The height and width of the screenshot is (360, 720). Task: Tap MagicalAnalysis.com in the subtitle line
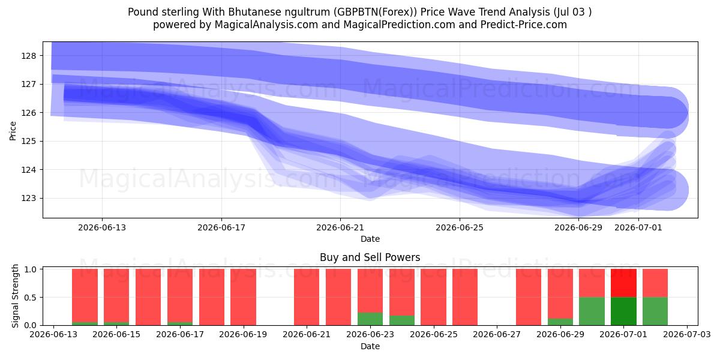click(x=266, y=25)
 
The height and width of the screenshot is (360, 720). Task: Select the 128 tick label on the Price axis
click(x=29, y=56)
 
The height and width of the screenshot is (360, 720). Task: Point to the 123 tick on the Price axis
click(x=29, y=199)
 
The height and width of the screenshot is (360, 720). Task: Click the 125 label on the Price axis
click(x=29, y=142)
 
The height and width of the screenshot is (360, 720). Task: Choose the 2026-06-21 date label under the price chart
click(x=340, y=227)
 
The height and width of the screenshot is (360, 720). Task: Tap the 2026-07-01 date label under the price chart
click(x=638, y=227)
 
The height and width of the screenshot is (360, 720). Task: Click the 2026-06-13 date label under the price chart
click(x=102, y=227)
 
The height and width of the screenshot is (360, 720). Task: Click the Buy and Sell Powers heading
click(x=370, y=257)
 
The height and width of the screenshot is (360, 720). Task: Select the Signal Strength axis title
click(x=15, y=296)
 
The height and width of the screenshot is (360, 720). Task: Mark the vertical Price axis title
click(x=13, y=131)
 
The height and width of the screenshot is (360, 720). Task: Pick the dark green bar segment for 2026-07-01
click(x=623, y=311)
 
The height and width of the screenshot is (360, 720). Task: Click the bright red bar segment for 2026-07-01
click(x=623, y=283)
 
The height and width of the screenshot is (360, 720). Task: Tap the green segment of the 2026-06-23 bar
click(x=370, y=319)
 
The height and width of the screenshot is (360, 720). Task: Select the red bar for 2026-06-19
click(x=244, y=297)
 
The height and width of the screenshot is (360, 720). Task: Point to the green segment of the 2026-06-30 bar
click(x=592, y=311)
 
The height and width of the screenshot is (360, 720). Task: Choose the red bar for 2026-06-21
click(x=307, y=297)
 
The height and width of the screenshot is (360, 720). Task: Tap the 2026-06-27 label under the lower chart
click(x=497, y=335)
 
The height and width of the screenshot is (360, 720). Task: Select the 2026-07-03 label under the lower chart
click(x=687, y=335)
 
